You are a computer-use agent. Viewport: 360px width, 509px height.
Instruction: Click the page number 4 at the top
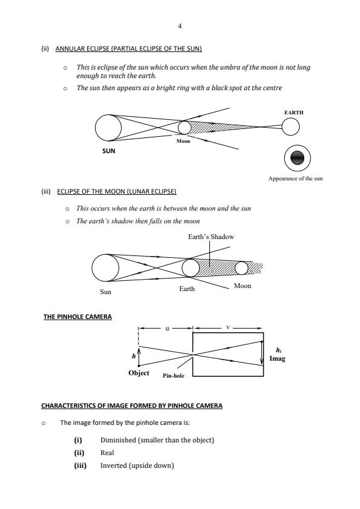[180, 26]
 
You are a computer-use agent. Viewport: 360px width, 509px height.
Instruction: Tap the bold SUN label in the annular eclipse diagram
[109, 151]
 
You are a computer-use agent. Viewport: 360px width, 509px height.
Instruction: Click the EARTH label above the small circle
[294, 113]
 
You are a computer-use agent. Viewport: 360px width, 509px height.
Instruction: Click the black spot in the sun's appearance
[297, 158]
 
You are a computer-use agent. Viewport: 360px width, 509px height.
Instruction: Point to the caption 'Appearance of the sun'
[295, 178]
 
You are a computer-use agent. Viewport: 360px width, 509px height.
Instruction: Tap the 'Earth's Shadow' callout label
[211, 237]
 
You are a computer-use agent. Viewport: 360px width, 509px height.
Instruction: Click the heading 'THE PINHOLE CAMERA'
[77, 317]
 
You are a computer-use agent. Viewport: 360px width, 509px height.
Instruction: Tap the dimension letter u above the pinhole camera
[167, 328]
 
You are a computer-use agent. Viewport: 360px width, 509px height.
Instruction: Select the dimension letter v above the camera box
[228, 327]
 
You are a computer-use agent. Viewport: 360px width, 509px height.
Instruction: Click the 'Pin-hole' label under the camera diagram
[174, 376]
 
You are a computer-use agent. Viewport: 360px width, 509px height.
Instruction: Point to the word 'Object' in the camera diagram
[139, 373]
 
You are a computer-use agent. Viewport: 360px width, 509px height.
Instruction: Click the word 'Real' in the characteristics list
[107, 453]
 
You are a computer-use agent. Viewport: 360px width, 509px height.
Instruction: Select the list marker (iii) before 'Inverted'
[80, 465]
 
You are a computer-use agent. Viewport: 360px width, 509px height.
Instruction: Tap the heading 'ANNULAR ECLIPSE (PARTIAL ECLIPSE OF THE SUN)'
[128, 48]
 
